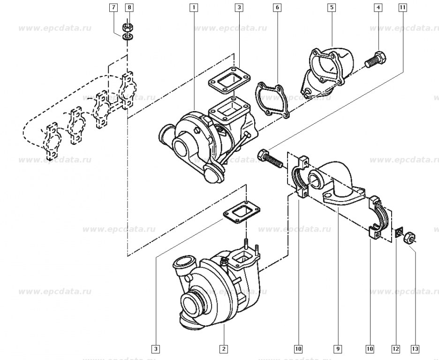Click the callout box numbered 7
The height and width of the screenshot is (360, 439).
click(113, 7)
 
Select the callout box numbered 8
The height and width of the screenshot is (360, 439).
click(129, 7)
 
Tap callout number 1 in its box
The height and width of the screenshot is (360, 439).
click(193, 7)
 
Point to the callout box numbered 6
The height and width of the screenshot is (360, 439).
click(277, 7)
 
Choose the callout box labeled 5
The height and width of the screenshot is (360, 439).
click(332, 7)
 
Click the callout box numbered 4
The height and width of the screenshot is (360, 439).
click(378, 7)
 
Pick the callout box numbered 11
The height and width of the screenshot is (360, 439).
click(402, 7)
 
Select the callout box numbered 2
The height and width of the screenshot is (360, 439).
click(224, 349)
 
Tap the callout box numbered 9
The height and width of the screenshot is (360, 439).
click(338, 349)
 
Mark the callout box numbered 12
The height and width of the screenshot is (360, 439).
click(395, 349)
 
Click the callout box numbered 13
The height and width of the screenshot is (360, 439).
click(415, 349)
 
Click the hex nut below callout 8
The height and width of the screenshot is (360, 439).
click(128, 28)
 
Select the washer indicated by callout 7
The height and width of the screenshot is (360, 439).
click(128, 37)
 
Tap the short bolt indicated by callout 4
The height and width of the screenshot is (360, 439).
click(375, 60)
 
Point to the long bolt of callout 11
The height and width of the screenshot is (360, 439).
click(270, 158)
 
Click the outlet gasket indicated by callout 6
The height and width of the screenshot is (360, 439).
click(272, 100)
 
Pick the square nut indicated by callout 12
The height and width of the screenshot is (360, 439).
click(398, 232)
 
